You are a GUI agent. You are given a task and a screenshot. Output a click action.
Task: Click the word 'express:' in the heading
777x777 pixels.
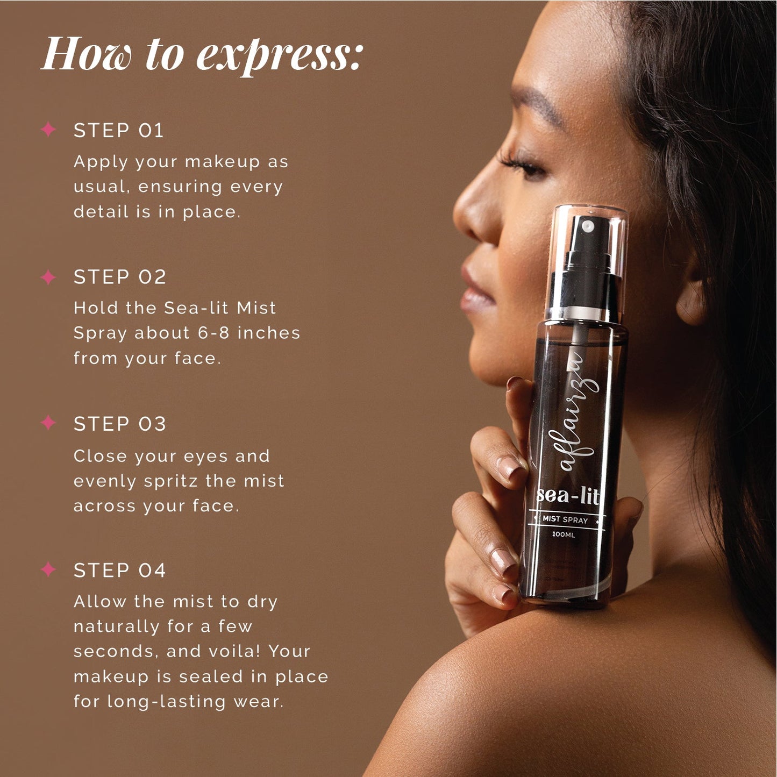click(x=280, y=55)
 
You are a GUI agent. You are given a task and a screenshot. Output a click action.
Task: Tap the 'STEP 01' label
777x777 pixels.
click(x=118, y=131)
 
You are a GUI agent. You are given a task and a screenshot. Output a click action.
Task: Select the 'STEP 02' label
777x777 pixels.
click(x=119, y=277)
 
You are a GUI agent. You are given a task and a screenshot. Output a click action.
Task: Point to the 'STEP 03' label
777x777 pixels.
click(x=119, y=424)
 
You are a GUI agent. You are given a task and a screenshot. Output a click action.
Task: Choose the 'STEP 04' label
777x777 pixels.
click(x=119, y=571)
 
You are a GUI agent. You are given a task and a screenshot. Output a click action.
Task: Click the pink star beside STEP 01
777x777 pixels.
click(x=48, y=130)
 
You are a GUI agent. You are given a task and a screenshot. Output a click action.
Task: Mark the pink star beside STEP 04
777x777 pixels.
click(x=48, y=569)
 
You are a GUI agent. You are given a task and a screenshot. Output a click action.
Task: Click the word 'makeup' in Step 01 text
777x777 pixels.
click(x=222, y=162)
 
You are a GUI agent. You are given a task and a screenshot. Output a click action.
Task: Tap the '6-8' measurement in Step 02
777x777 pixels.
click(x=214, y=333)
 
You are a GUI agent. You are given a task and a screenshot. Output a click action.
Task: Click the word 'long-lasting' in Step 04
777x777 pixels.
click(x=167, y=702)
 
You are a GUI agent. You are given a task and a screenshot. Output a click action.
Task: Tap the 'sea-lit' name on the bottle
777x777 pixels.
click(x=568, y=495)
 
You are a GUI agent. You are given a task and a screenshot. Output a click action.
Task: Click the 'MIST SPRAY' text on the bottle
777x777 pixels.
click(x=565, y=519)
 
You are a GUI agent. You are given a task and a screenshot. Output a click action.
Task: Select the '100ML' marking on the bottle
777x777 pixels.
click(x=564, y=534)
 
